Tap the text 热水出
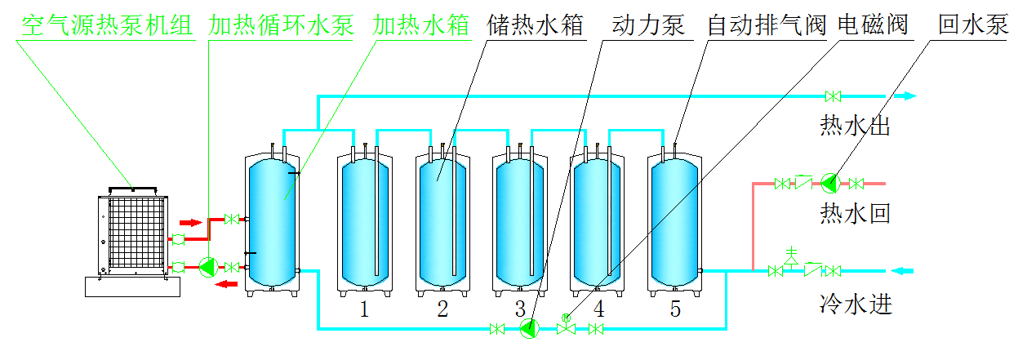pyautogui.click(x=855, y=127)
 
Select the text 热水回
pyautogui.click(x=855, y=215)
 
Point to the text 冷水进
pyautogui.click(x=855, y=305)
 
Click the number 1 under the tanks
pyautogui.click(x=364, y=309)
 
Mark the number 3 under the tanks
pyautogui.click(x=520, y=309)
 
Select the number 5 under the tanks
pyautogui.click(x=674, y=309)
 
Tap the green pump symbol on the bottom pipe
pyautogui.click(x=530, y=329)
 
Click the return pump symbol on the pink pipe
pyautogui.click(x=830, y=182)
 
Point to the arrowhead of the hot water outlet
pyautogui.click(x=908, y=96)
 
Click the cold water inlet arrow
pyautogui.click(x=903, y=270)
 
